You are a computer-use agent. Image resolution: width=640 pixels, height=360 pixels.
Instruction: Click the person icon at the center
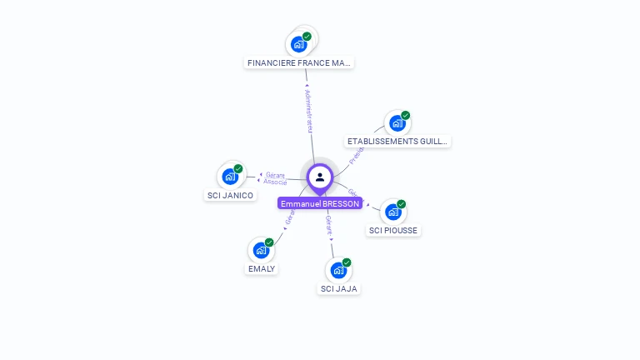[320, 177]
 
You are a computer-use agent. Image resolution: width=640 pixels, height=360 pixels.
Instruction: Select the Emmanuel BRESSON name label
[320, 203]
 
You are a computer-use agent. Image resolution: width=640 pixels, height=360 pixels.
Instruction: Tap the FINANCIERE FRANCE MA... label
[299, 62]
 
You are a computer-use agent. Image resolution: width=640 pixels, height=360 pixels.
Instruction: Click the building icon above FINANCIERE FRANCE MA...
[298, 44]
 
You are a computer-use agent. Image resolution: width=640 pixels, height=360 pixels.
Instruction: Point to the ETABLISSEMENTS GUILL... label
[397, 142]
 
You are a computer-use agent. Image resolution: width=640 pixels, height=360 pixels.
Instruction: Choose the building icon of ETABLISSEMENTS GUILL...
[397, 123]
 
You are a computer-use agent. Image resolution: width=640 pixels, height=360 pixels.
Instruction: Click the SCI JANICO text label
[230, 195]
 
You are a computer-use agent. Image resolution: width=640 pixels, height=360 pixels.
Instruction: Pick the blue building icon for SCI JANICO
[229, 177]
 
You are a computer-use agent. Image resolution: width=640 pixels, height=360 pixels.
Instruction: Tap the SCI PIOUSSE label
[393, 230]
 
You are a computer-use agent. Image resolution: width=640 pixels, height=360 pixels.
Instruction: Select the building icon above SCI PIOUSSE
[392, 212]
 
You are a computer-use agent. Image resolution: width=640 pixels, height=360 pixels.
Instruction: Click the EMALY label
[262, 268]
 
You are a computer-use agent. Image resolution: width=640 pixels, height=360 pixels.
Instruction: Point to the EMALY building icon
[261, 250]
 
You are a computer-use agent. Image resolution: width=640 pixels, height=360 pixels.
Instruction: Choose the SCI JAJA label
[339, 288]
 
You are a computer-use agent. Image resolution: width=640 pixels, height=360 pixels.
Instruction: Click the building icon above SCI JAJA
[337, 270]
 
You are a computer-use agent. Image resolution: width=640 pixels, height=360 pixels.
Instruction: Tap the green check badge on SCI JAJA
[347, 262]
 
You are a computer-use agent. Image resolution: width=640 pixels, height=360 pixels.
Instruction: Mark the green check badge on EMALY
[269, 242]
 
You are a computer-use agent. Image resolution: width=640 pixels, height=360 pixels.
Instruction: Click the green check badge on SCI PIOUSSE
[401, 204]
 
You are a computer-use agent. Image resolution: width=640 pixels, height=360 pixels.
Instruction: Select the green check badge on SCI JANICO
[238, 169]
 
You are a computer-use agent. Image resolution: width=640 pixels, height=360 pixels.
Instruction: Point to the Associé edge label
[275, 182]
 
